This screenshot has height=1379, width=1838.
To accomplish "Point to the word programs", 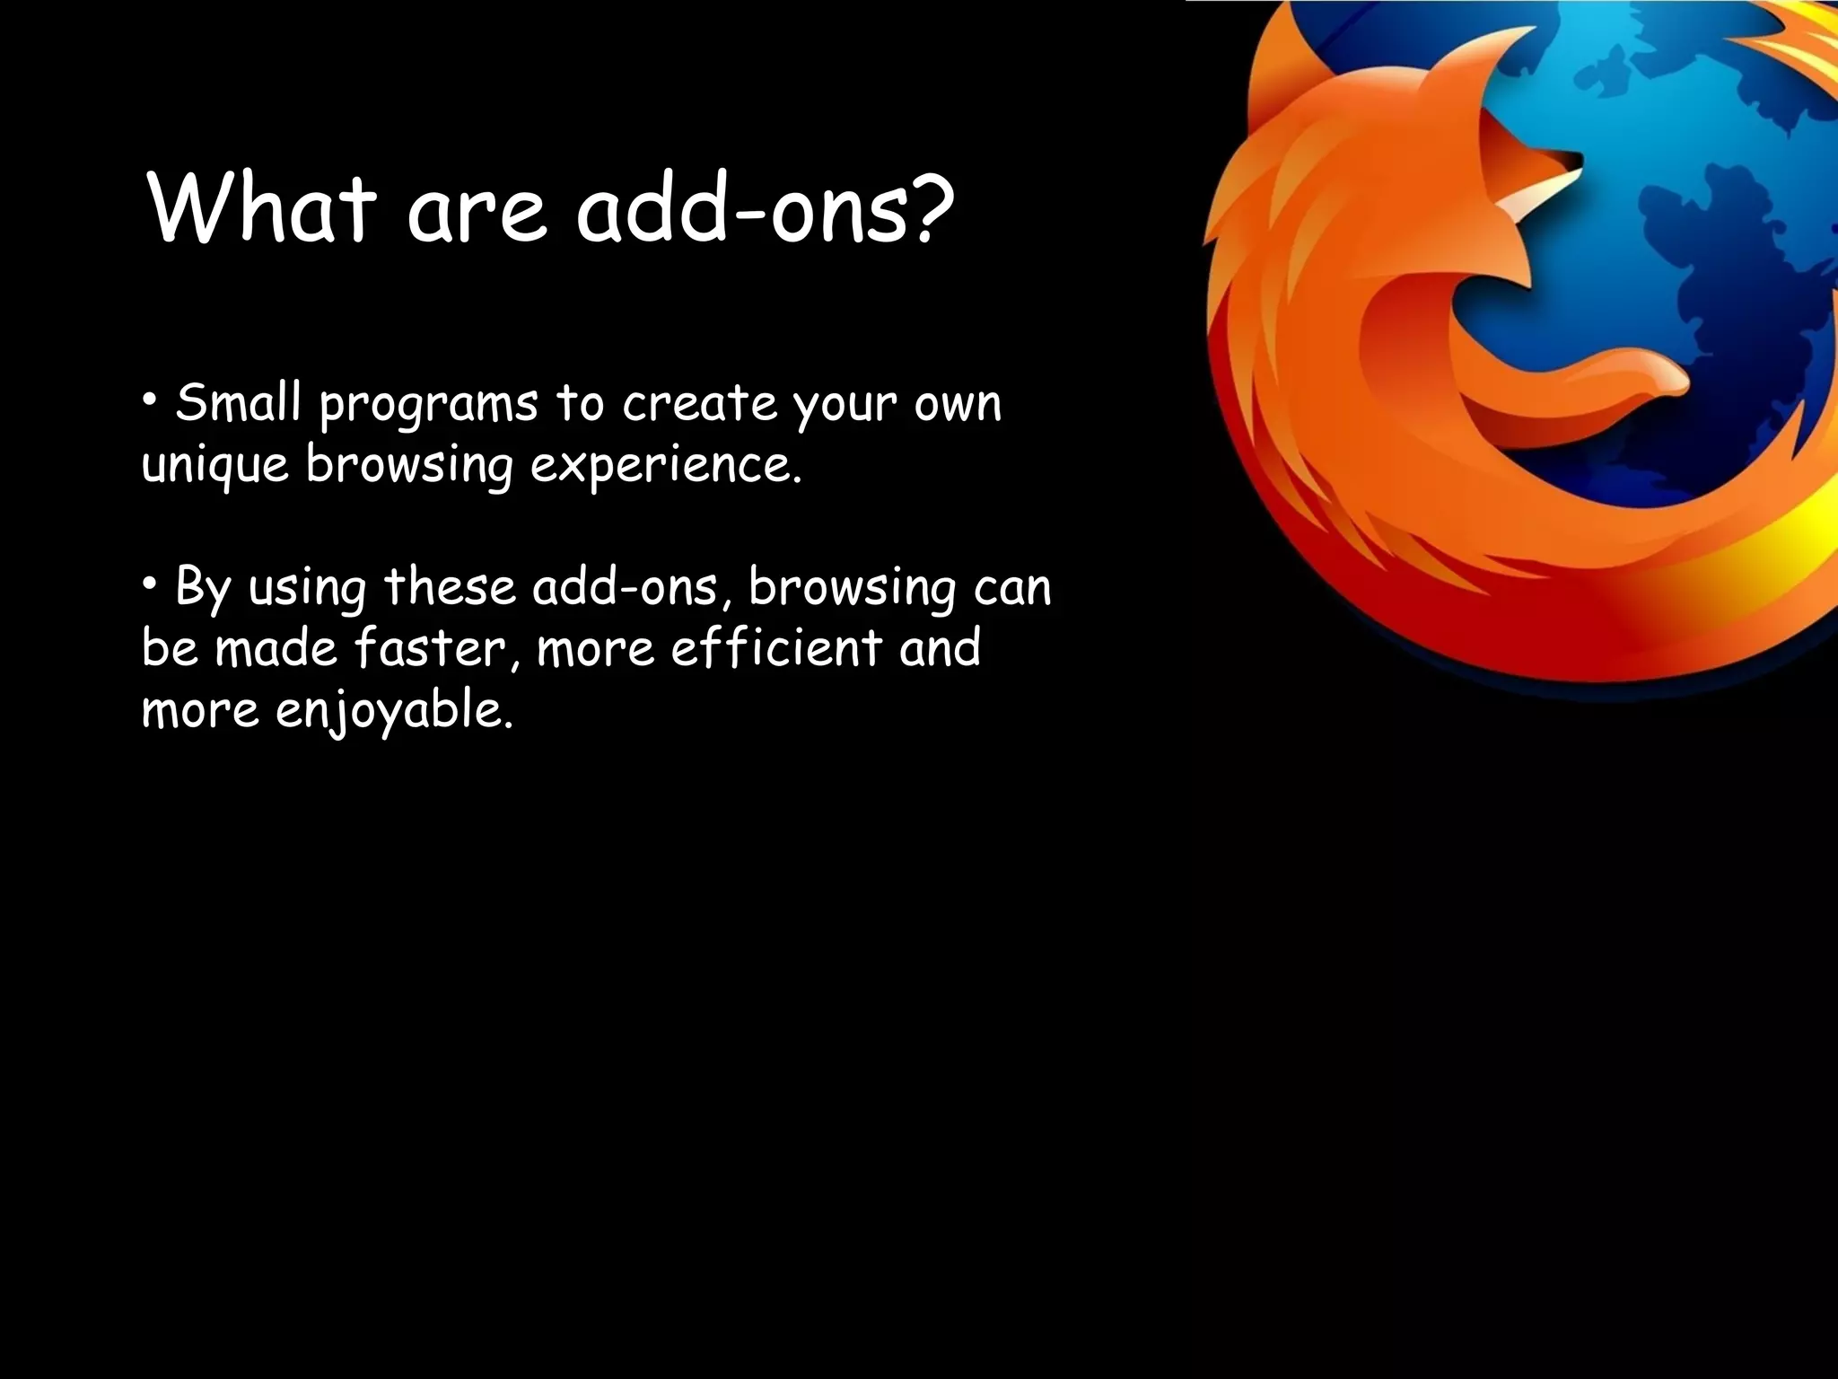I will tap(428, 406).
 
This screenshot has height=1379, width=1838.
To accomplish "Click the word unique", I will tap(215, 467).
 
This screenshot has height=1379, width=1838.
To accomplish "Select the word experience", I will tap(665, 467).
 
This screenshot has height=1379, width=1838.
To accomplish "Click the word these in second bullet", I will tap(450, 587).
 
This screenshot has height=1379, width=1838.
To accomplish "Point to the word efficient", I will tap(776, 648).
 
